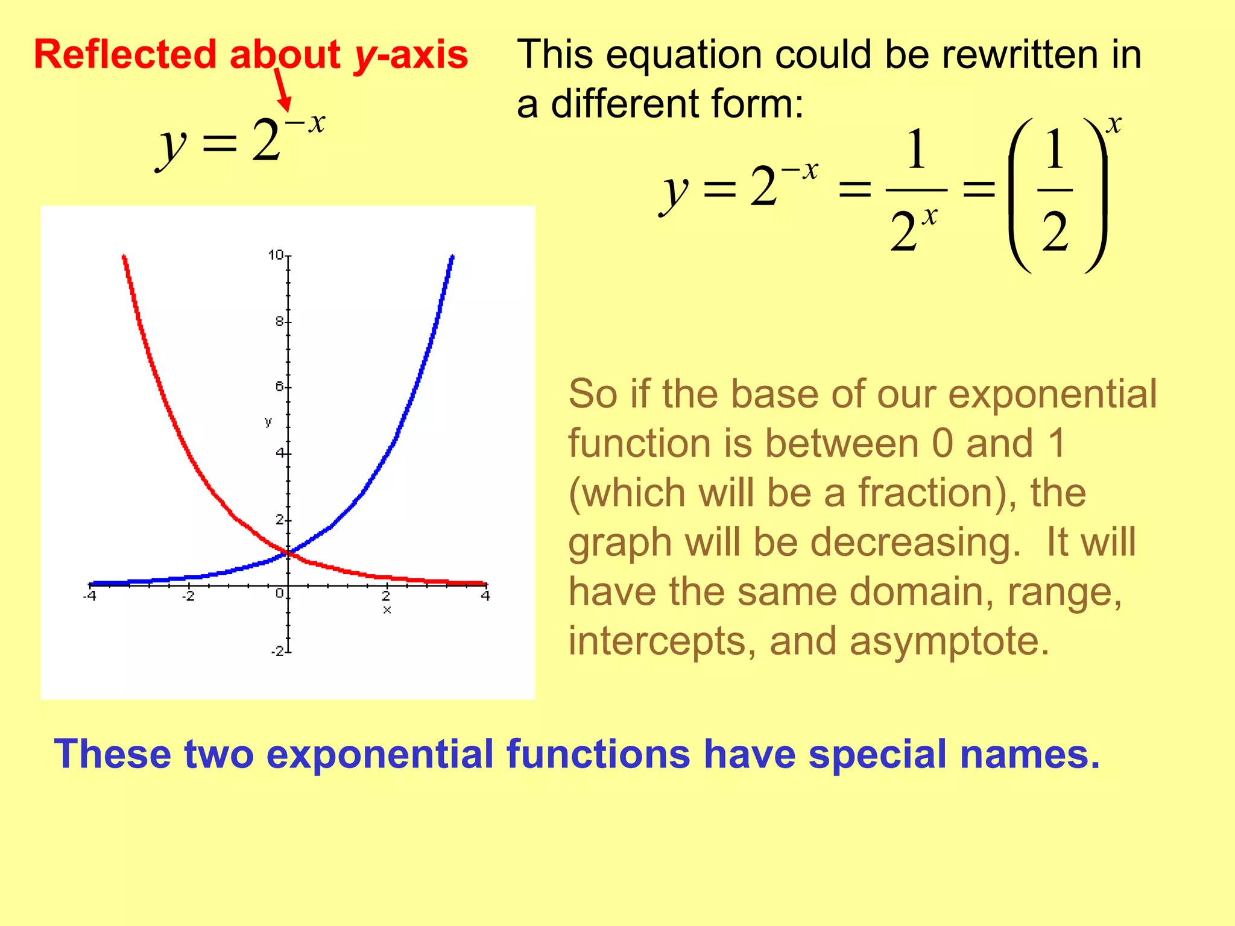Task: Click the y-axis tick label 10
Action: pyautogui.click(x=276, y=255)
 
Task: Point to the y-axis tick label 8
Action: pyautogui.click(x=279, y=322)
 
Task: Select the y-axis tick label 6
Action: pyautogui.click(x=279, y=386)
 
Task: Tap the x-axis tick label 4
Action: pyautogui.click(x=485, y=596)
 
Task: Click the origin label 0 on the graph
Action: pyautogui.click(x=279, y=594)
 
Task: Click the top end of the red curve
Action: pyautogui.click(x=124, y=257)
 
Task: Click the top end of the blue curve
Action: pyautogui.click(x=452, y=257)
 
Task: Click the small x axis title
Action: pyautogui.click(x=387, y=610)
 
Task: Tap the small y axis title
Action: pyautogui.click(x=268, y=421)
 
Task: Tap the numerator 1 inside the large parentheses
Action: pyautogui.click(x=1055, y=150)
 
